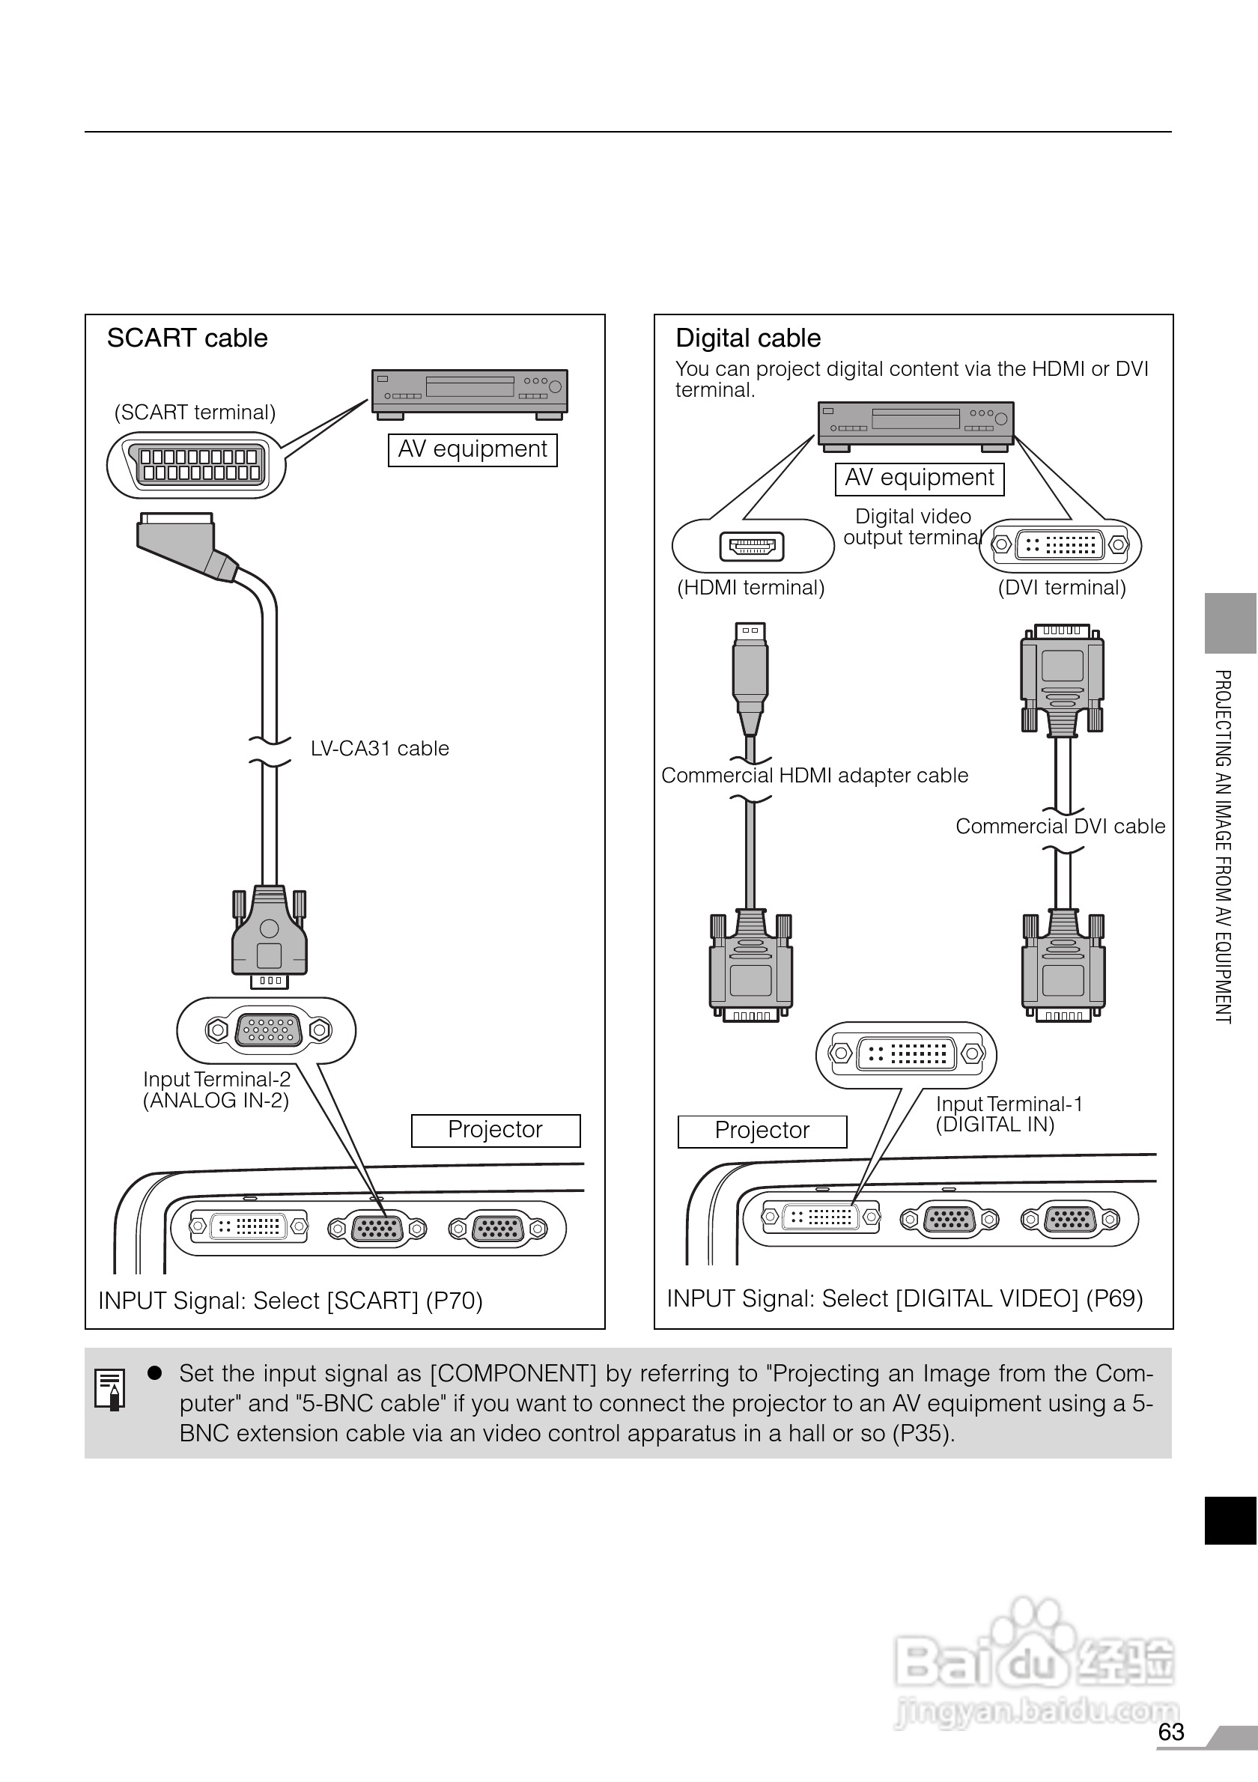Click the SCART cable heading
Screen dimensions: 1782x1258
pyautogui.click(x=187, y=338)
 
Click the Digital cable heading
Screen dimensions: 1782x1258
pyautogui.click(x=747, y=338)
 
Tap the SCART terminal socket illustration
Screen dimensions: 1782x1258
pyautogui.click(x=199, y=465)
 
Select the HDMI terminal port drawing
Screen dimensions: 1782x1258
pyautogui.click(x=751, y=547)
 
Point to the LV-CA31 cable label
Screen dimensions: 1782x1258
pyautogui.click(x=380, y=749)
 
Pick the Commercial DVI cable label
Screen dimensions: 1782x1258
pyautogui.click(x=1060, y=827)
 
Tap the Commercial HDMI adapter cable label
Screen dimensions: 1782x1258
pyautogui.click(x=814, y=776)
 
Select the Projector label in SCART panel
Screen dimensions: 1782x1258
pyautogui.click(x=495, y=1130)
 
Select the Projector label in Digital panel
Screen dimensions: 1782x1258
pyautogui.click(x=762, y=1131)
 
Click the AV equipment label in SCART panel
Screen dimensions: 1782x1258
pyautogui.click(x=472, y=449)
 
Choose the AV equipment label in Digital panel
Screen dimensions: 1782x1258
pyautogui.click(x=919, y=478)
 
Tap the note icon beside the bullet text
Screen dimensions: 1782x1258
pyautogui.click(x=109, y=1388)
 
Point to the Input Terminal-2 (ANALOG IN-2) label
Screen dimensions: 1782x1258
pyautogui.click(x=216, y=1089)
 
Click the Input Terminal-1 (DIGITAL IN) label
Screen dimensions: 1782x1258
pyautogui.click(x=1007, y=1115)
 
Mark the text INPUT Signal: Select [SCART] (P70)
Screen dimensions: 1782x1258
pyautogui.click(x=291, y=1301)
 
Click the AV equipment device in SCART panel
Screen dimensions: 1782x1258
pyautogui.click(x=470, y=391)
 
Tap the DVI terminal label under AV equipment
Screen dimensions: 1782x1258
pyautogui.click(x=1061, y=588)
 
